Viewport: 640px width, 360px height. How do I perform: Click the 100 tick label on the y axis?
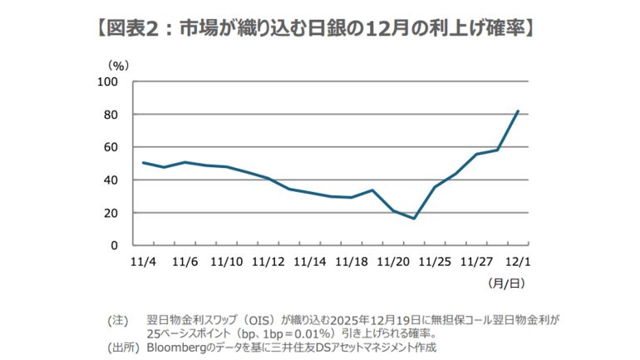(108, 81)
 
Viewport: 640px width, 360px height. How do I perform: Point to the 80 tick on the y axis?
(111, 115)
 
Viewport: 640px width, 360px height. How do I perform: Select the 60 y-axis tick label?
(111, 147)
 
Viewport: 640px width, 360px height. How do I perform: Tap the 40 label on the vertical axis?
(111, 180)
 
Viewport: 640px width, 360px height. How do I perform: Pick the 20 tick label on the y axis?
(111, 213)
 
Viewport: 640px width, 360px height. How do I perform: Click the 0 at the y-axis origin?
(114, 246)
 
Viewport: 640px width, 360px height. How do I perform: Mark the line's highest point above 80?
(518, 111)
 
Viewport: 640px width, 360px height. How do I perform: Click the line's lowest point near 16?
(414, 219)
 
